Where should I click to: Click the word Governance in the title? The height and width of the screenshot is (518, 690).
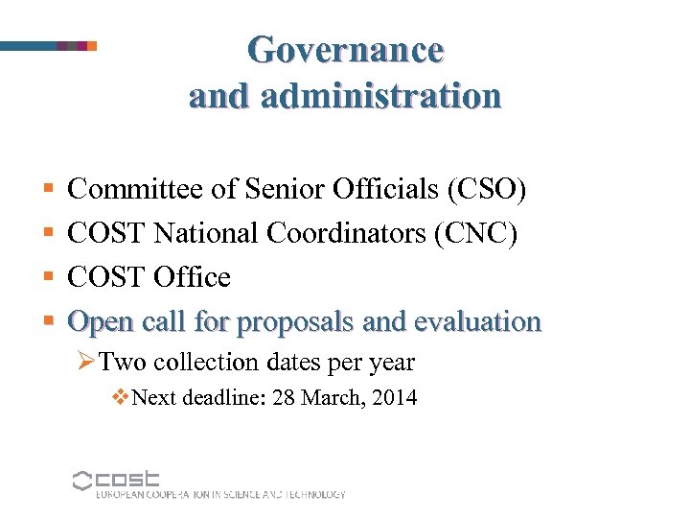[x=345, y=49]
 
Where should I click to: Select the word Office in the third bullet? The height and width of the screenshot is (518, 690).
[x=191, y=277]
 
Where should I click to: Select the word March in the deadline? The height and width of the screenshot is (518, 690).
[x=331, y=397]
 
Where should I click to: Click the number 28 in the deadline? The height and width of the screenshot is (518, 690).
[x=284, y=397]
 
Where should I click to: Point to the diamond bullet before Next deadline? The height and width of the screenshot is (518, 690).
[x=121, y=396]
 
